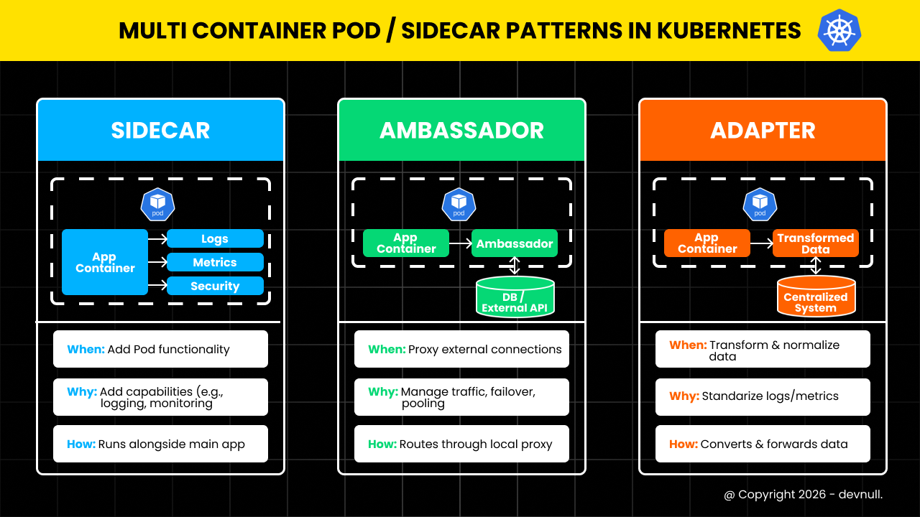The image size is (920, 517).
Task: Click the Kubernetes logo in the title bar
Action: pos(839,30)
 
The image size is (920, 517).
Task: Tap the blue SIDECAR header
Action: pos(160,130)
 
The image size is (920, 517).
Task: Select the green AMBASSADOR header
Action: pos(461,130)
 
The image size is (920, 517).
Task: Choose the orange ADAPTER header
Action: pos(763,130)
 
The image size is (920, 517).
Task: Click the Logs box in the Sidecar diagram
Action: pos(215,239)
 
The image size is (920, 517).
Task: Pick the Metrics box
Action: pos(215,262)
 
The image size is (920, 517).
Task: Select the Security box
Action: pos(215,286)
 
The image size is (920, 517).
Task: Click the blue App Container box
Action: pos(104,262)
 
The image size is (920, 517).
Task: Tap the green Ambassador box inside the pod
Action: pos(515,243)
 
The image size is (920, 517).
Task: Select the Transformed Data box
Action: pos(816,243)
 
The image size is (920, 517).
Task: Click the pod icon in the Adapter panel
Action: pos(760,205)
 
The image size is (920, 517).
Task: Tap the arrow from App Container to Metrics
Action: pos(157,262)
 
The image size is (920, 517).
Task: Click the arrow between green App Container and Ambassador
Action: pos(460,244)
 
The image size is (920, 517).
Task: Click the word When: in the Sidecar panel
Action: pos(86,350)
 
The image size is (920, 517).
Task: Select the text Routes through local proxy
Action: pos(476,444)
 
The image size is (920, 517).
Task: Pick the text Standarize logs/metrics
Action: pos(770,396)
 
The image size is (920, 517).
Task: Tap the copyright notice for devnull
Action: pos(803,495)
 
